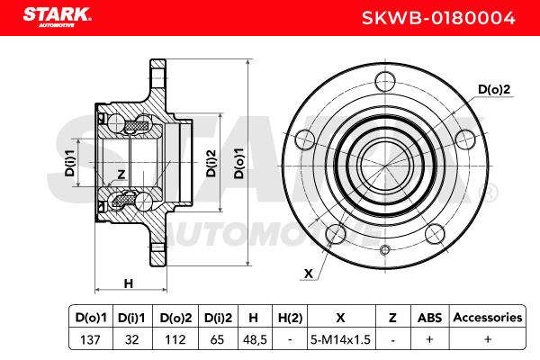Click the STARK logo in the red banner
[57, 17]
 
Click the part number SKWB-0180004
[438, 18]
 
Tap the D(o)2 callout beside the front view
[494, 90]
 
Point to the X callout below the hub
[309, 274]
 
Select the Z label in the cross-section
[121, 175]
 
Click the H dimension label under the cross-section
[129, 283]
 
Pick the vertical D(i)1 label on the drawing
[70, 163]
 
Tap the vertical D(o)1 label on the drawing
[238, 163]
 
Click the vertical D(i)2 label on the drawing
[211, 163]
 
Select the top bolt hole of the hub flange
[385, 82]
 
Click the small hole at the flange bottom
[385, 250]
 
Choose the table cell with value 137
[90, 339]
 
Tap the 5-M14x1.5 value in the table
[340, 339]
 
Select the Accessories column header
[488, 318]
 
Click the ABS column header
[429, 318]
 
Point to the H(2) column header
[290, 318]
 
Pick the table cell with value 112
[175, 339]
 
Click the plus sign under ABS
[429, 339]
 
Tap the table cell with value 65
[217, 339]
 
